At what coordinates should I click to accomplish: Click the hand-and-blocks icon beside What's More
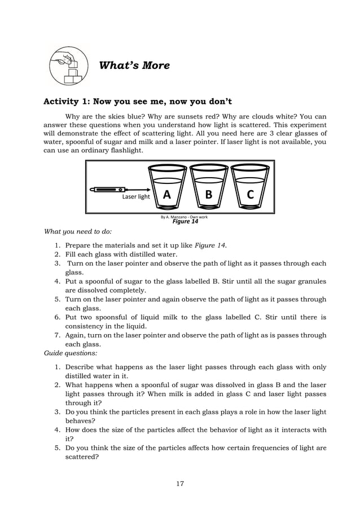coord(69,65)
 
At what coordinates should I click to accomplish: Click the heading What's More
coord(134,65)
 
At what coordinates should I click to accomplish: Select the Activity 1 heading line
coord(138,102)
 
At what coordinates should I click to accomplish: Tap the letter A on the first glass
coord(166,195)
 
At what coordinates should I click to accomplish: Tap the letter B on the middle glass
coord(209,195)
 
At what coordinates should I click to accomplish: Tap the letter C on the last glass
coord(251,195)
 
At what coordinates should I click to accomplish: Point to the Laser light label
coord(136,197)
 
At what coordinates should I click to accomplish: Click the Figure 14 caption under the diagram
coord(185,221)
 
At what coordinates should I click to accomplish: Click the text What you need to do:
coord(77,231)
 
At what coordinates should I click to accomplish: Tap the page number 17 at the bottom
coord(179,483)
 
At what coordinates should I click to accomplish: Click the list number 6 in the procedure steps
coord(58,317)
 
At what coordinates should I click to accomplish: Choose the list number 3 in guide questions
coord(58,412)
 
